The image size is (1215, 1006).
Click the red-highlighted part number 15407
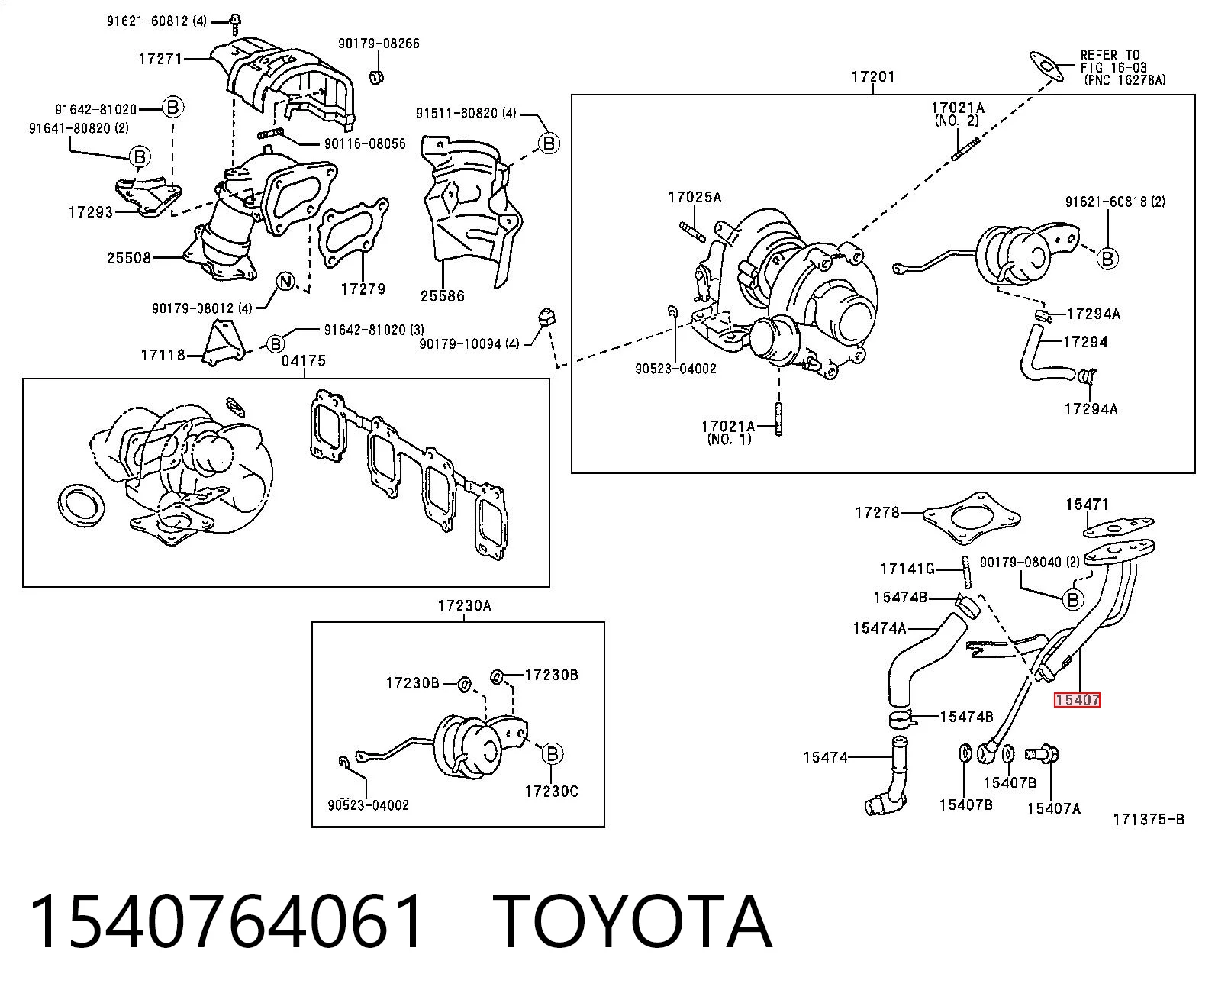point(1077,700)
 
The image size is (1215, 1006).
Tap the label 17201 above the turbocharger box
point(873,77)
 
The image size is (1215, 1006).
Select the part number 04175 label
point(303,361)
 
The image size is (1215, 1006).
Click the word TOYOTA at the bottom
point(633,922)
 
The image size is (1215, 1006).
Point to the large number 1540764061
point(227,922)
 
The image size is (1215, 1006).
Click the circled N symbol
point(285,282)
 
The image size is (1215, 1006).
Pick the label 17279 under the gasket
point(363,289)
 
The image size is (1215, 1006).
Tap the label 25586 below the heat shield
point(443,295)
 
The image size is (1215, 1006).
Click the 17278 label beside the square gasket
point(877,512)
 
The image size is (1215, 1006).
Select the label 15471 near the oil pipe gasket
point(1087,505)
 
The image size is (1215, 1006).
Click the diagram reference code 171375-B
point(1149,820)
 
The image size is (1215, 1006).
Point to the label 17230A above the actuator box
point(464,606)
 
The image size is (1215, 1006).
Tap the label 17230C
point(552,792)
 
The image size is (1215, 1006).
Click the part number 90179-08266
point(379,43)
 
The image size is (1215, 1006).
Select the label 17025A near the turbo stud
point(695,198)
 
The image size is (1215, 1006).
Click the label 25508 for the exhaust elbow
point(129,257)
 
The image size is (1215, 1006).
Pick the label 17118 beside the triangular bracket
point(163,355)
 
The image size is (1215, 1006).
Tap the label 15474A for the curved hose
point(880,628)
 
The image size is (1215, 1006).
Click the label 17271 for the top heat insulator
point(160,59)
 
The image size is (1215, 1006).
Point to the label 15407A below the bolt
point(1054,808)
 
